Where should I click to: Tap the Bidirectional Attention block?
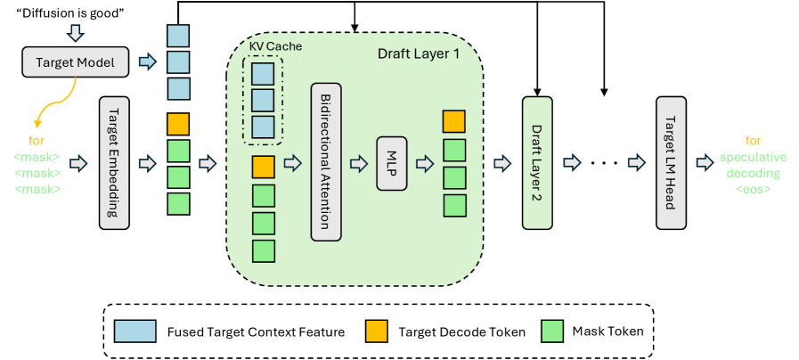click(326, 163)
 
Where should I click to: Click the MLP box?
click(390, 163)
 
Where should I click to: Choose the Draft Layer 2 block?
click(537, 163)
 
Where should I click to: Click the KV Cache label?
click(263, 45)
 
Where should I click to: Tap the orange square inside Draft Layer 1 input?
click(263, 166)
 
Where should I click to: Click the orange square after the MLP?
click(454, 121)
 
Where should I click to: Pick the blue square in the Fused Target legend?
click(135, 331)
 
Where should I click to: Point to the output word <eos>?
click(753, 189)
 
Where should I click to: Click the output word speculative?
click(753, 157)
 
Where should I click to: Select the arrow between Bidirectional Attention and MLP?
click(358, 163)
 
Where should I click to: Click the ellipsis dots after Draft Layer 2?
click(603, 163)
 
